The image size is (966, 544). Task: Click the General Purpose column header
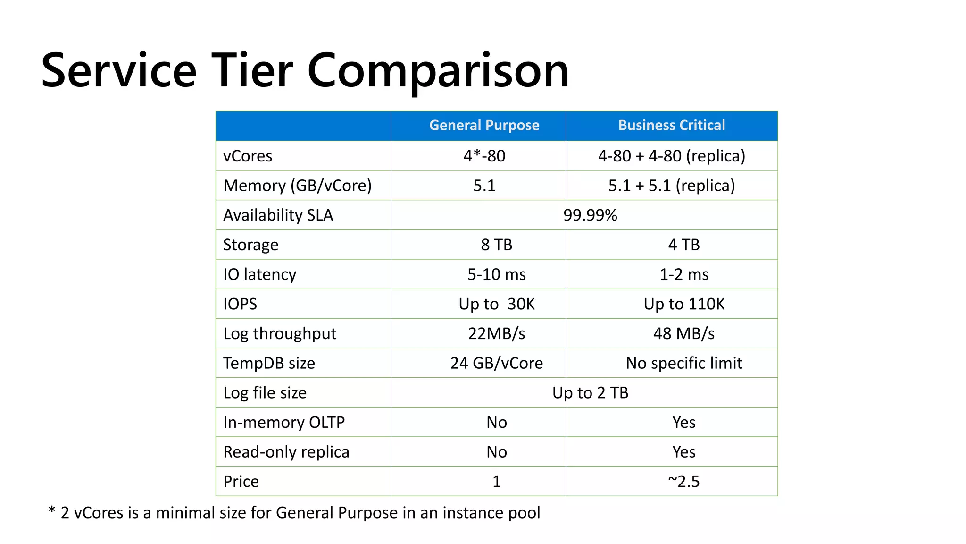click(x=484, y=125)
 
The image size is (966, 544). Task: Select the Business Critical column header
click(x=671, y=125)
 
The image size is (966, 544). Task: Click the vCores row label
click(x=248, y=156)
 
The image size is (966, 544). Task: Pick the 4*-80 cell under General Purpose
click(x=484, y=156)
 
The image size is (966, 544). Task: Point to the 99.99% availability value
click(x=590, y=215)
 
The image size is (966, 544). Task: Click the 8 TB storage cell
click(x=496, y=245)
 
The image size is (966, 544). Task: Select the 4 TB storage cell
click(x=683, y=245)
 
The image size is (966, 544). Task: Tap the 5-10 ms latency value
click(x=496, y=274)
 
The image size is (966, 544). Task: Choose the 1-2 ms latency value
click(x=683, y=274)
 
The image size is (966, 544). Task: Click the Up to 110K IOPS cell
click(x=683, y=304)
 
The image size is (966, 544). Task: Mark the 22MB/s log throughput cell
click(x=496, y=333)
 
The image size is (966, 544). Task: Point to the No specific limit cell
click(x=683, y=363)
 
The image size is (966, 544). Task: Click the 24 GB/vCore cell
click(x=496, y=363)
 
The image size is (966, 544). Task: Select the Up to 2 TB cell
click(x=590, y=393)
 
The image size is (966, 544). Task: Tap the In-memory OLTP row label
click(x=284, y=422)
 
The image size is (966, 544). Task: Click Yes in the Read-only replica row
click(x=683, y=452)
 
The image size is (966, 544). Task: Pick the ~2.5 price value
click(x=683, y=482)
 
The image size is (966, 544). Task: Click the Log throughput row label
click(x=280, y=333)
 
